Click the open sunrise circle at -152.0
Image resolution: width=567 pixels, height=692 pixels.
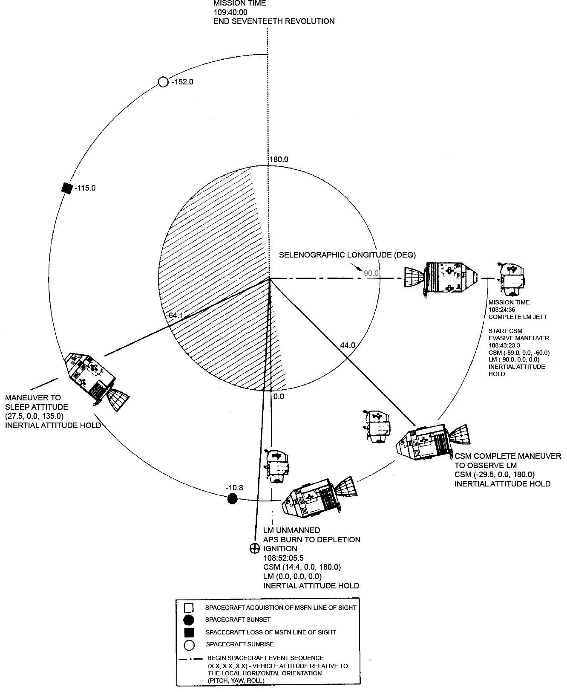163,82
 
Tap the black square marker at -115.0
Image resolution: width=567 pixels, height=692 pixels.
66,188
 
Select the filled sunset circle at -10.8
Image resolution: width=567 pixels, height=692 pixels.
232,498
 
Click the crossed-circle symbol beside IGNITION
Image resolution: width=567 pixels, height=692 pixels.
254,548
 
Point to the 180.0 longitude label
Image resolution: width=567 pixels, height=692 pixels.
279,160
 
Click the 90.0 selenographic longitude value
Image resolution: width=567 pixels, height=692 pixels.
371,273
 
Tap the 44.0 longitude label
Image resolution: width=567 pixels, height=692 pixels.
348,345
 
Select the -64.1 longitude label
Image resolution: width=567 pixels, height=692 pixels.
175,316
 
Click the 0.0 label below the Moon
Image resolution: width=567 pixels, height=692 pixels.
279,397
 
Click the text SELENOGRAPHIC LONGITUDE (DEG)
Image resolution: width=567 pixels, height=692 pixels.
347,255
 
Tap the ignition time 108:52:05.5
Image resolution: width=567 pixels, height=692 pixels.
283,558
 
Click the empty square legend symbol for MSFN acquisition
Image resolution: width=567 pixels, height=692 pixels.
188,608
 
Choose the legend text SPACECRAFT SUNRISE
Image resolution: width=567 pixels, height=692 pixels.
239,644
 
